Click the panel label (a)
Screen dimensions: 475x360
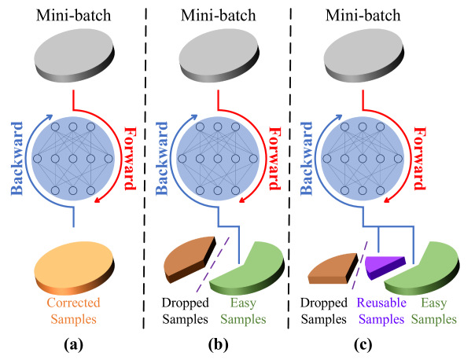coord(73,344)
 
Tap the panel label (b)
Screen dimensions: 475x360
coord(218,344)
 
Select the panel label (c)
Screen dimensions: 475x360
coord(363,344)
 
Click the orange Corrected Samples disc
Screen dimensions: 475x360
coord(75,268)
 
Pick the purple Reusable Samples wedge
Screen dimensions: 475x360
coord(383,266)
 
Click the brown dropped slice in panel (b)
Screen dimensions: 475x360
coord(190,258)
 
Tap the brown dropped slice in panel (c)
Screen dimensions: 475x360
coord(333,269)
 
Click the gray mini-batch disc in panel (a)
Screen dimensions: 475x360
coord(75,55)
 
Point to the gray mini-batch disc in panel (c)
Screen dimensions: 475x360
coord(364,55)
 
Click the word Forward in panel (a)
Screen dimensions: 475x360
coord(131,159)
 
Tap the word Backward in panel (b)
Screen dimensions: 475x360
coord(161,158)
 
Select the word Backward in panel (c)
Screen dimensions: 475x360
coord(306,158)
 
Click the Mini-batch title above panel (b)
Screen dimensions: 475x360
coord(218,15)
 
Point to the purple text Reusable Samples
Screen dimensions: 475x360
coord(381,310)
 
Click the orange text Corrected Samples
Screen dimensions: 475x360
coord(73,310)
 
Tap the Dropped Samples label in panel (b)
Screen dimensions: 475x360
coord(185,310)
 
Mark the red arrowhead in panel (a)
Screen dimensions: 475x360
coord(98,200)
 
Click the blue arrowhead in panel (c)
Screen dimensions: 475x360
coord(339,117)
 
